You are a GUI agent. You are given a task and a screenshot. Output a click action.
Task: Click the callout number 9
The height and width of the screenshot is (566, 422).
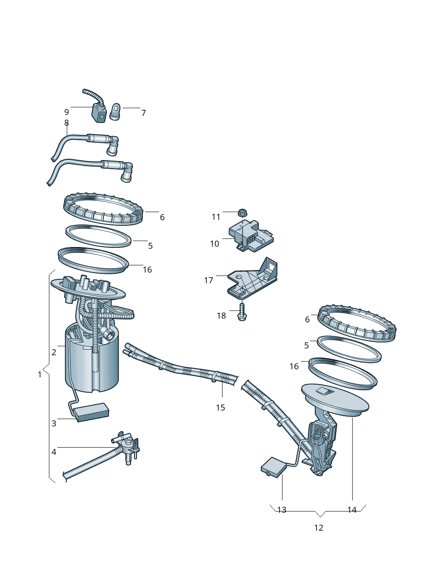(66, 112)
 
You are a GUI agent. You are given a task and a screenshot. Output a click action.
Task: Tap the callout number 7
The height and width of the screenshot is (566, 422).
(143, 113)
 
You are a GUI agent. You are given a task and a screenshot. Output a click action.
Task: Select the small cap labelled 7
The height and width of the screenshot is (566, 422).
(115, 112)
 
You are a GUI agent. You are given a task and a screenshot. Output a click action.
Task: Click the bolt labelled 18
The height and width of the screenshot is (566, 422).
(242, 311)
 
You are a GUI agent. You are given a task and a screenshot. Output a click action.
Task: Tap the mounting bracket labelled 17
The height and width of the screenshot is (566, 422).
(253, 279)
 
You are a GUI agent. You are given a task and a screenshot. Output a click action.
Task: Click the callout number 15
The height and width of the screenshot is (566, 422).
(220, 408)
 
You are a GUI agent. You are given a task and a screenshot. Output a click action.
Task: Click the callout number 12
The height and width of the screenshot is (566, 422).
(319, 528)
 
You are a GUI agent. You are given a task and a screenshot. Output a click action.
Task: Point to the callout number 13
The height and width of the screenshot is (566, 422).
(282, 510)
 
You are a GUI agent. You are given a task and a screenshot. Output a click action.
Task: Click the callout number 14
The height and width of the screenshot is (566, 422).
(352, 510)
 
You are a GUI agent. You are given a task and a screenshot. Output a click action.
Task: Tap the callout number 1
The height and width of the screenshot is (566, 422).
(40, 374)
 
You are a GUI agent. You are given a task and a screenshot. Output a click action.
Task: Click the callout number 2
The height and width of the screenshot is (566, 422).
(54, 352)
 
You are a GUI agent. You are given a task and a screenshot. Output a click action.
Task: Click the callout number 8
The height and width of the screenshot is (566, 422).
(66, 123)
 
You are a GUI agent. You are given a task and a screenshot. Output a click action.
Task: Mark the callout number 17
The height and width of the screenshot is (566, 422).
(208, 280)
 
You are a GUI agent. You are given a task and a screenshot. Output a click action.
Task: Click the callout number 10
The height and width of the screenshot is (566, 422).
(214, 244)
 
